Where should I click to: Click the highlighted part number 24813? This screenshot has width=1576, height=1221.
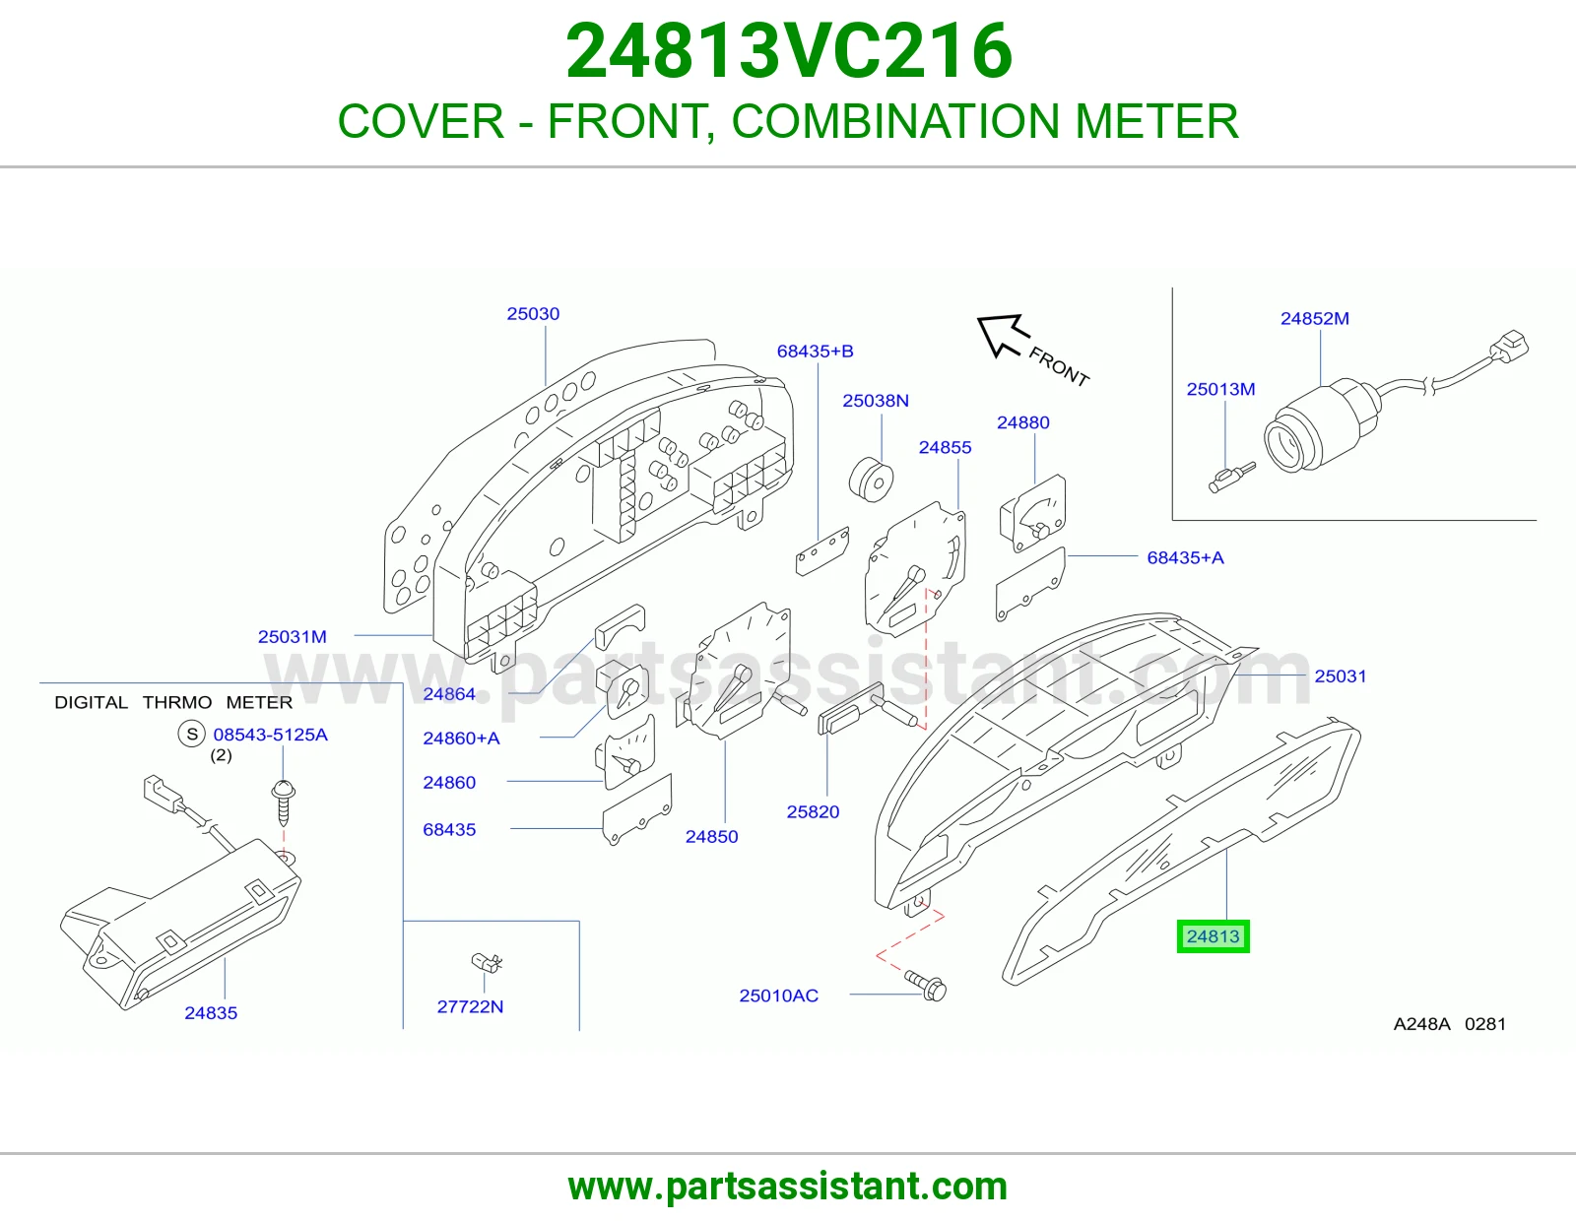pos(1213,936)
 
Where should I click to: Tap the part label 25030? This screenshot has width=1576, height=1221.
pos(533,314)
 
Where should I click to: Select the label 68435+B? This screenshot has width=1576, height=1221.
pos(816,351)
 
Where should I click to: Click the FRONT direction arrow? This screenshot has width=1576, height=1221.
pos(1003,336)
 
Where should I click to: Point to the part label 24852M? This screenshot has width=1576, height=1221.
pos(1314,318)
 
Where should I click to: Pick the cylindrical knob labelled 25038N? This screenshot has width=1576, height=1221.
pos(871,479)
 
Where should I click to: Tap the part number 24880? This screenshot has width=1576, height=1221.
pos(1022,422)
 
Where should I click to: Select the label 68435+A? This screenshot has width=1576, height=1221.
pos(1185,557)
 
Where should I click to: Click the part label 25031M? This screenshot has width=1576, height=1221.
pos(293,637)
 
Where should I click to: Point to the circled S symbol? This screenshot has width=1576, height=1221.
pos(192,734)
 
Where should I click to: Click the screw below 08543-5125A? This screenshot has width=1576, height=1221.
pos(283,803)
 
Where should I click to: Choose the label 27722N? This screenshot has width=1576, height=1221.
pos(470,1006)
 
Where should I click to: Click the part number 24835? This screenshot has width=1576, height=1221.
pos(211,1013)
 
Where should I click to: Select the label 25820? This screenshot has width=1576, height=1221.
pos(813,812)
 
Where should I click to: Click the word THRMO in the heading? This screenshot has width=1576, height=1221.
pos(177,702)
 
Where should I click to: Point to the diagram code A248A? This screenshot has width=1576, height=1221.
pos(1421,1024)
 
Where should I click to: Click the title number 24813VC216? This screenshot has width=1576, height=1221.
pos(788,50)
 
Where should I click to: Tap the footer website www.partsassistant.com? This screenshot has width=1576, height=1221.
pos(788,1187)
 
